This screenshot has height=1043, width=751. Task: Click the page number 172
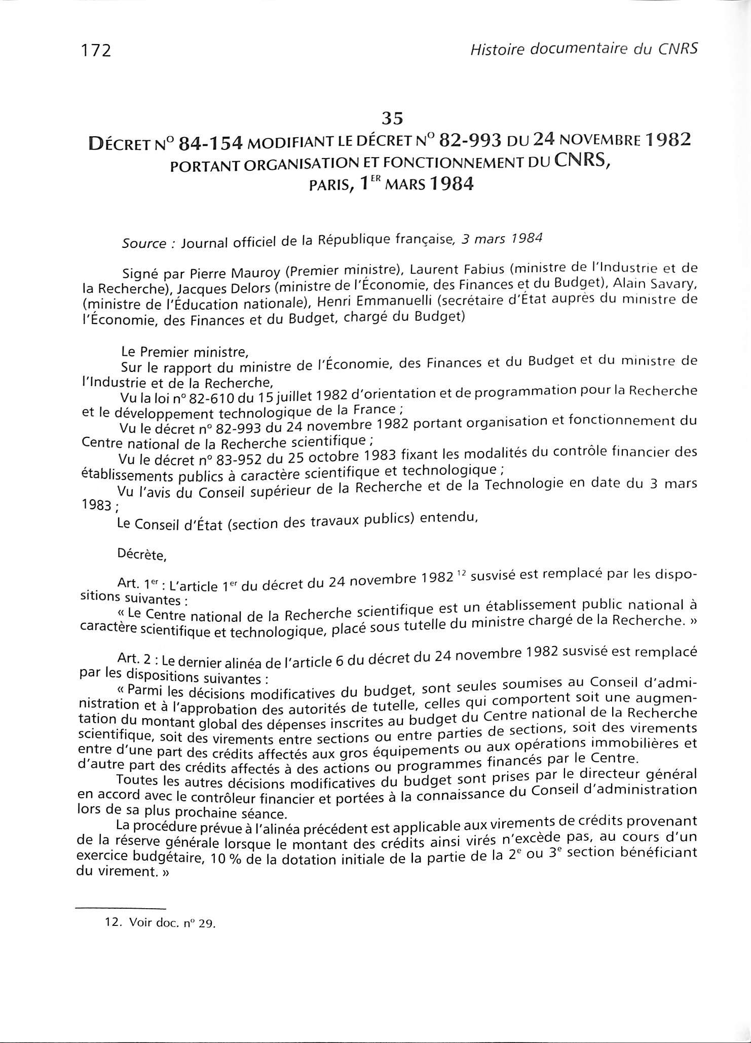96,51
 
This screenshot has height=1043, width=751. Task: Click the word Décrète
141,555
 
